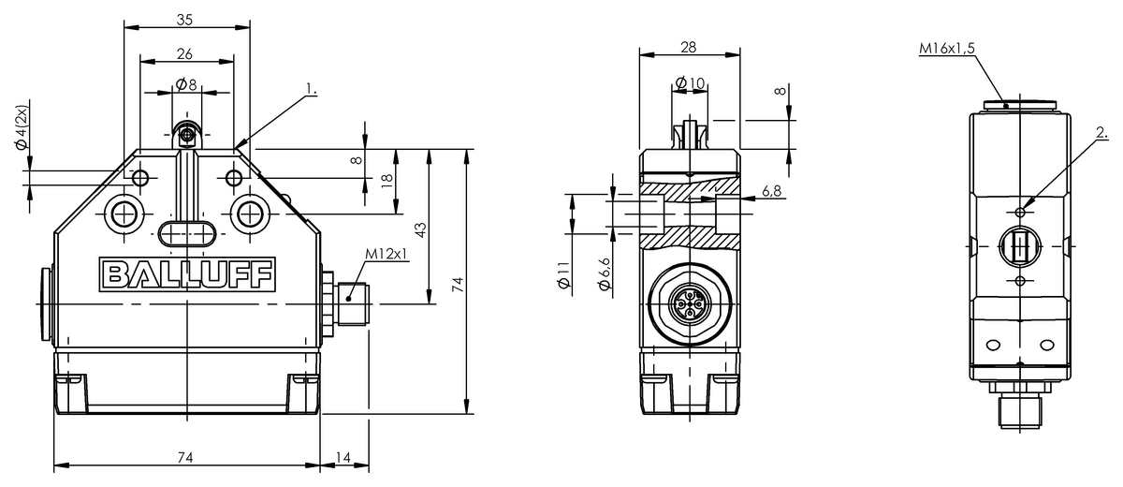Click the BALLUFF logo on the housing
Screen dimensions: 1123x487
[x=187, y=274]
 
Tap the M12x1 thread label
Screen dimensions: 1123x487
[x=386, y=254]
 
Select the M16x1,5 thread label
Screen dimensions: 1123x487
[x=946, y=49]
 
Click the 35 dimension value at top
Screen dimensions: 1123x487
[x=184, y=20]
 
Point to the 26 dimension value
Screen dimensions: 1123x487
[x=184, y=53]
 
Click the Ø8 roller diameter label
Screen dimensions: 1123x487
[x=186, y=84]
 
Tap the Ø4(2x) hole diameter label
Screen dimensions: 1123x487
[x=21, y=127]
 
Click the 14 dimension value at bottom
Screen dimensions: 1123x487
[x=343, y=457]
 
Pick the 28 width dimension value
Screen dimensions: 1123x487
[x=689, y=47]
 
